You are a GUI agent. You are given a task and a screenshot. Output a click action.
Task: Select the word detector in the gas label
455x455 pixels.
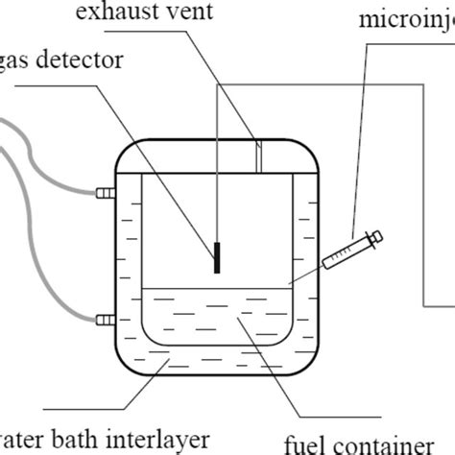[x=105, y=60]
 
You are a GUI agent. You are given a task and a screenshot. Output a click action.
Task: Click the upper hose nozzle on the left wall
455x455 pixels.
[x=104, y=193]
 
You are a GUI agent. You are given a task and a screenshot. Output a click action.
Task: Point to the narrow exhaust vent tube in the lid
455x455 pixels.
[x=258, y=157]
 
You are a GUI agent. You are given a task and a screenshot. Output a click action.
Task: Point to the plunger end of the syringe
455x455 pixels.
[x=376, y=235]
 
